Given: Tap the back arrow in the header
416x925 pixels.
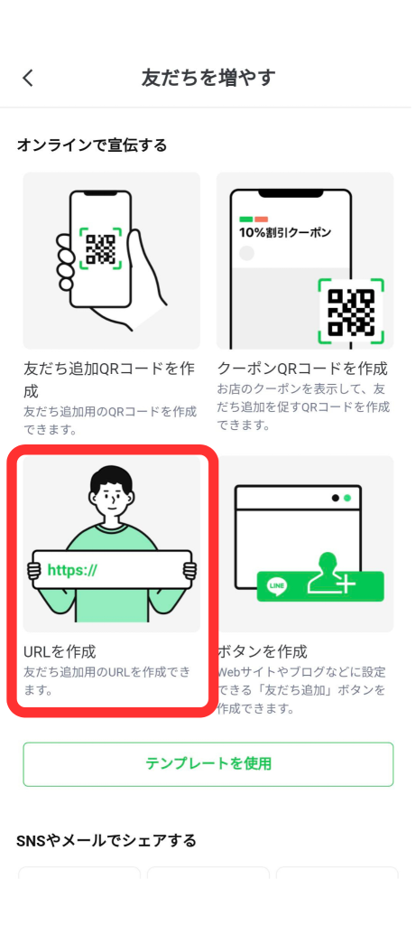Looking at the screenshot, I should [28, 78].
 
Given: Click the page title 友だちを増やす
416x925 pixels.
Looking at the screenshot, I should [208, 78].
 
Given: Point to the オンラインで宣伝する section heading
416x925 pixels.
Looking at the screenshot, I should [92, 145].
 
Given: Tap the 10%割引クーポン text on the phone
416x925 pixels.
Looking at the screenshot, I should [285, 232].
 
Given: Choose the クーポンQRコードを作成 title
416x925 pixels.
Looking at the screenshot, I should [303, 369].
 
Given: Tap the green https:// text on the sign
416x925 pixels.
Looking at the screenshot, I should [72, 570].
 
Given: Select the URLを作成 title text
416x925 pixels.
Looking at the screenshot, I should [60, 650].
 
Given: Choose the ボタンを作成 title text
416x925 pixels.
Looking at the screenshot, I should [263, 650].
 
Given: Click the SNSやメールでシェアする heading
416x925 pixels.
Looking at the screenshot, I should [106, 841].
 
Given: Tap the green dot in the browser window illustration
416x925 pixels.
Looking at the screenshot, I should [347, 498].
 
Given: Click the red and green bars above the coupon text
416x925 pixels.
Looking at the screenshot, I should [254, 219].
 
